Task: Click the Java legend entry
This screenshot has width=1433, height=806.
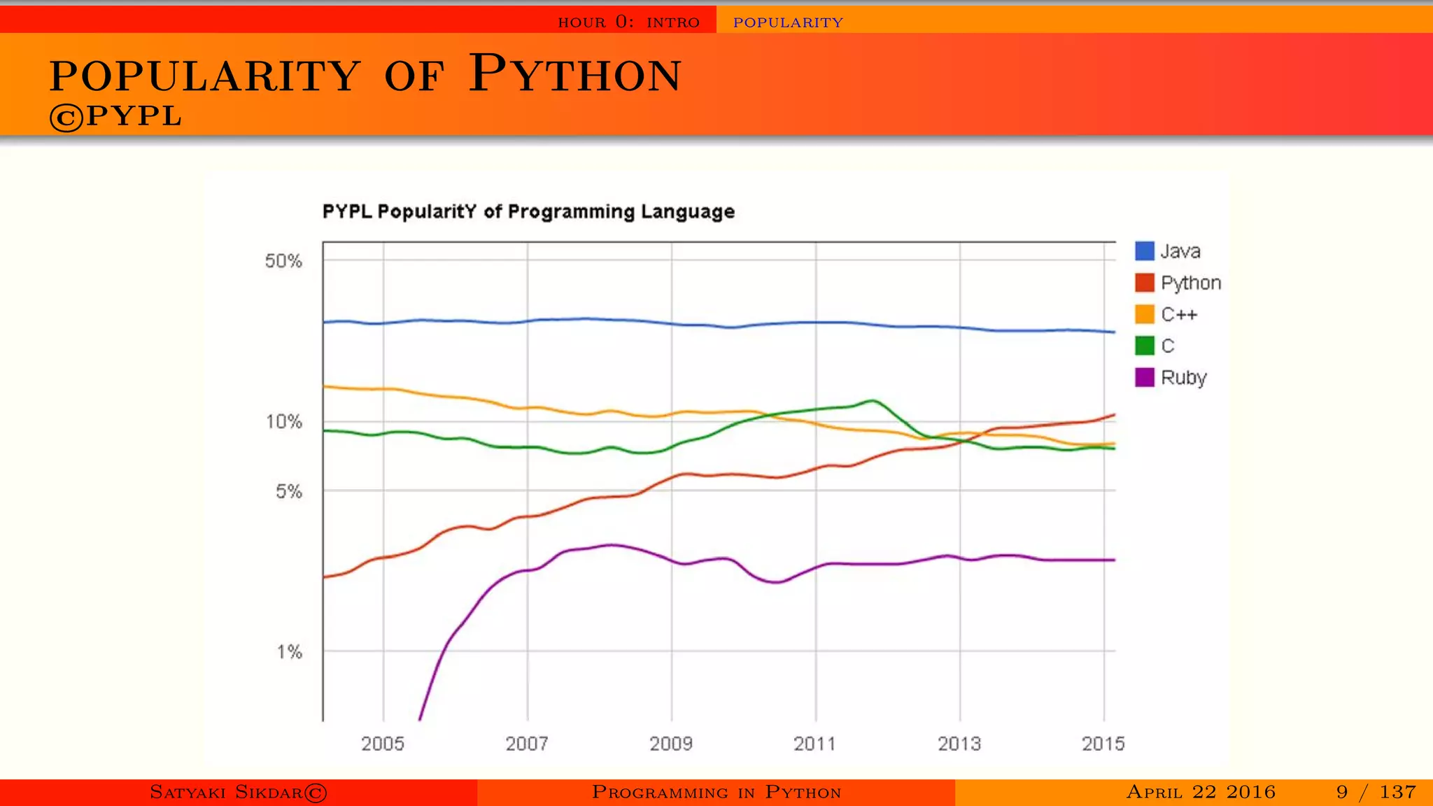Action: pyautogui.click(x=1180, y=251)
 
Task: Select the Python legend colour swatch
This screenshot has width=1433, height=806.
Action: pyautogui.click(x=1144, y=283)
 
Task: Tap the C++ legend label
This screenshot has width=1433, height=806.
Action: pyautogui.click(x=1180, y=315)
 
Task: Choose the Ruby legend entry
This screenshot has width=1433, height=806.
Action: pyautogui.click(x=1183, y=378)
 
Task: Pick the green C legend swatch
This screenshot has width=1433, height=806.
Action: pyautogui.click(x=1144, y=346)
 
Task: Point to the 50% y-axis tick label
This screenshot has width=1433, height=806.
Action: pyautogui.click(x=283, y=262)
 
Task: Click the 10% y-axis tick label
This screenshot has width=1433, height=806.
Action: pyautogui.click(x=283, y=422)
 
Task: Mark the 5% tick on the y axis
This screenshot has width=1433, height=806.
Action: pyautogui.click(x=288, y=492)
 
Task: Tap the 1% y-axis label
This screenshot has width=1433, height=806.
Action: pyautogui.click(x=289, y=652)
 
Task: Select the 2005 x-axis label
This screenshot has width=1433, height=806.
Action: pyautogui.click(x=383, y=744)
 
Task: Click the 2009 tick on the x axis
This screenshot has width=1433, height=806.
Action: pyautogui.click(x=671, y=744)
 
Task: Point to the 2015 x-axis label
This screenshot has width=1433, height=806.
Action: pyautogui.click(x=1103, y=744)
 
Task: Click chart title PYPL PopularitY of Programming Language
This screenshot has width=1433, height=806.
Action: pyautogui.click(x=528, y=212)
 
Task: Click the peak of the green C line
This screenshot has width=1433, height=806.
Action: pyautogui.click(x=873, y=401)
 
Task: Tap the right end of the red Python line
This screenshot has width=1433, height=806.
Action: pyautogui.click(x=1113, y=415)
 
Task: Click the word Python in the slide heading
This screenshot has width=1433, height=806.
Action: pyautogui.click(x=574, y=74)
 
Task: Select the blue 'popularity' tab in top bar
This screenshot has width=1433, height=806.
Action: pyautogui.click(x=788, y=22)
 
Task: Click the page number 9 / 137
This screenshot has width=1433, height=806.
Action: pyautogui.click(x=1376, y=792)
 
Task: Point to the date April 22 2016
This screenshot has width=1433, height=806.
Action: pyautogui.click(x=1201, y=792)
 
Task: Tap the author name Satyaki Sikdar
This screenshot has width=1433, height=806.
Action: pyautogui.click(x=238, y=792)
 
